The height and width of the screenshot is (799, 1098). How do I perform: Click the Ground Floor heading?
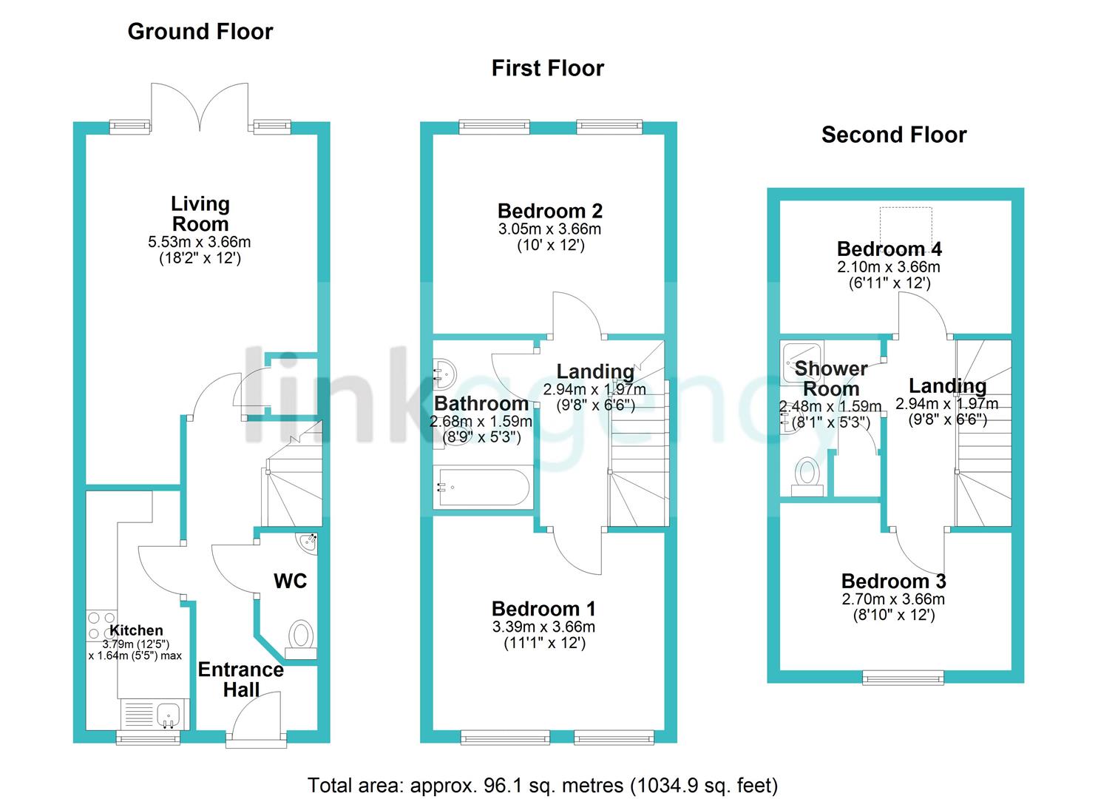click(x=200, y=32)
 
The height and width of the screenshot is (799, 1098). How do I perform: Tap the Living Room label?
click(x=200, y=214)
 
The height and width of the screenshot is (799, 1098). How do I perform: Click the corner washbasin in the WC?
click(x=308, y=542)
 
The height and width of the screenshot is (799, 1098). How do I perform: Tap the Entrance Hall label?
click(x=241, y=680)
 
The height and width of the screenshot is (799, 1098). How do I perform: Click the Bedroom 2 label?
click(x=550, y=212)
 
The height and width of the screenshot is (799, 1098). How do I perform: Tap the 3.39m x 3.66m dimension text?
click(x=543, y=627)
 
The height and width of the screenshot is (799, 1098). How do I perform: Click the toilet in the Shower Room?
click(x=807, y=475)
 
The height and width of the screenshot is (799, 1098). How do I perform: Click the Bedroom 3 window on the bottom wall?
click(x=903, y=676)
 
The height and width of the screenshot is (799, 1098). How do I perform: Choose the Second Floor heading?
click(x=893, y=135)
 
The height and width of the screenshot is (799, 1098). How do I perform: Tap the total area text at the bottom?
click(x=543, y=785)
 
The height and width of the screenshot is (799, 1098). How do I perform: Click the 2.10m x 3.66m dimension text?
click(x=888, y=267)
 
